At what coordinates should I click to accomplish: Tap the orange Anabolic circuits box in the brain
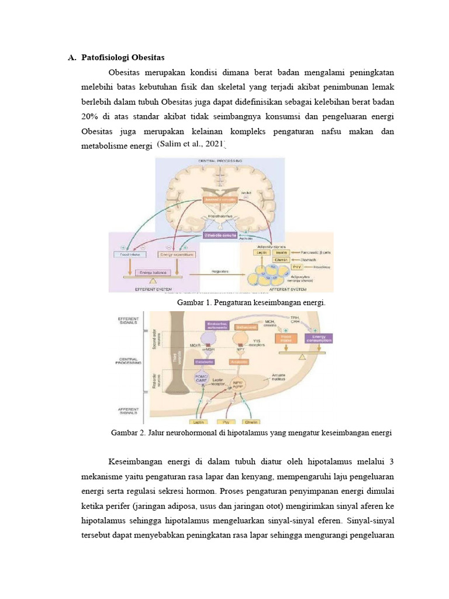click(x=220, y=200)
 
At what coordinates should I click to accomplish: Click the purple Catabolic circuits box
click(x=220, y=235)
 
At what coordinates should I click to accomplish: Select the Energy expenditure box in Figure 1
click(x=177, y=254)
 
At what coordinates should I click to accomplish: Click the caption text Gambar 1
click(x=195, y=304)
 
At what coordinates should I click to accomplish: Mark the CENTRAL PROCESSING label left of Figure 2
click(x=128, y=361)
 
